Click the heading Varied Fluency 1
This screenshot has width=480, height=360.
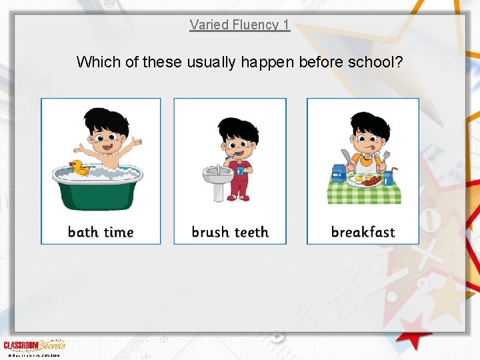[239, 25]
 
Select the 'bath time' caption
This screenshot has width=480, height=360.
[101, 232]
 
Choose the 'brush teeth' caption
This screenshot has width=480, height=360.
[230, 232]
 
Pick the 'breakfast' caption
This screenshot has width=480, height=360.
[363, 232]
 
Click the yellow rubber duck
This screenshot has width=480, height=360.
[80, 167]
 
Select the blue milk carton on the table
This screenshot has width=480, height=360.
[339, 173]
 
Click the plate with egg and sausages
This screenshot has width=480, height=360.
[365, 181]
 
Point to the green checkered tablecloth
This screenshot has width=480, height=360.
[363, 194]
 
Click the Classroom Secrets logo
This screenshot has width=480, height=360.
[33, 345]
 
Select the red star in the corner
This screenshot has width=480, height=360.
[416, 331]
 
